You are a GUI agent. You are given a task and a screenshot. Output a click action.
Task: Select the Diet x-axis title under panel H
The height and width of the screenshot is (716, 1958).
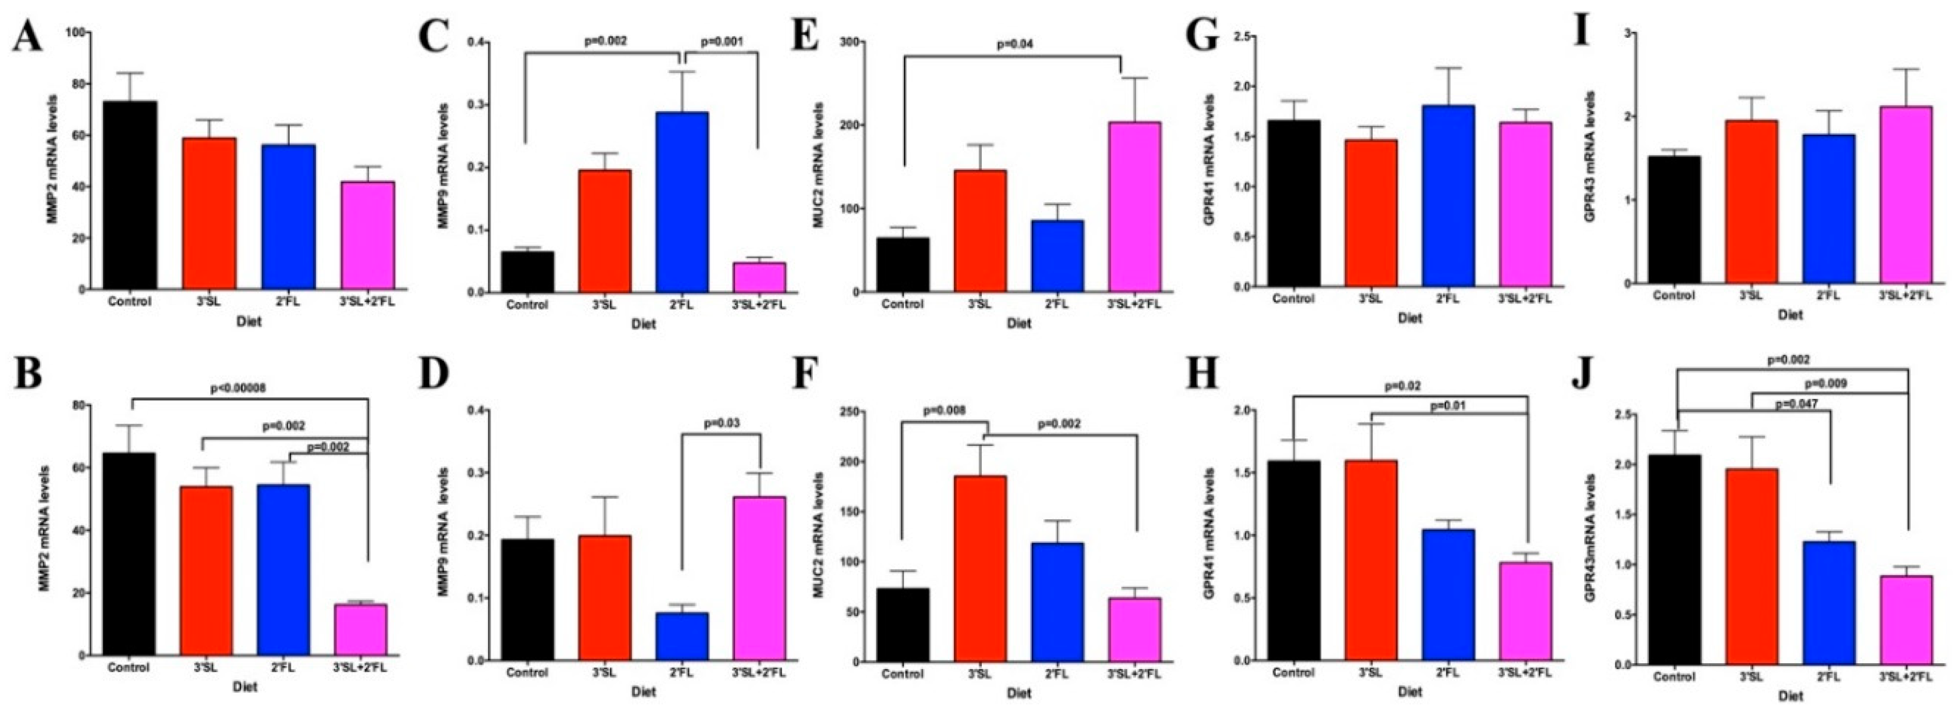[1409, 692]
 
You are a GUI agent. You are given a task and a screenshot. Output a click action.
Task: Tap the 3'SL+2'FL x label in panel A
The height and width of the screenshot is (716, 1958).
[368, 302]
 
